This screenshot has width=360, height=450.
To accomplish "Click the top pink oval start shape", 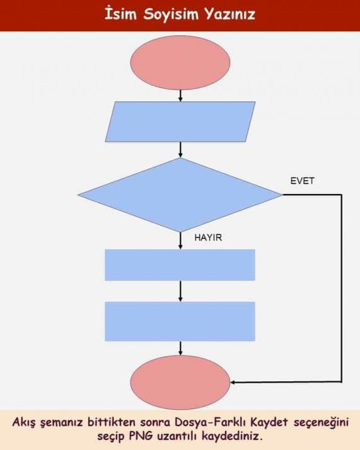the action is tap(180, 62).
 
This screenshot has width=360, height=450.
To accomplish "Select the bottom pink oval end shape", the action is tap(180, 383).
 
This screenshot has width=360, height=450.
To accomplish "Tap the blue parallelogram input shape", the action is tap(180, 122).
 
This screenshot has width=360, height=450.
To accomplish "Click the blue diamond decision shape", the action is tap(180, 195).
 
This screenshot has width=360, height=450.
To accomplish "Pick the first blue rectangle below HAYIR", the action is tap(180, 265).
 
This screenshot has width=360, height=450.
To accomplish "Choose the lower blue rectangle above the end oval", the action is tap(180, 321).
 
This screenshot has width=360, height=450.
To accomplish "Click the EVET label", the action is tap(302, 181).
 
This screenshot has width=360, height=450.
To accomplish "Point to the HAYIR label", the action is tap(208, 238).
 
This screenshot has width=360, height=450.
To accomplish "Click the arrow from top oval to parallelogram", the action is tap(180, 96).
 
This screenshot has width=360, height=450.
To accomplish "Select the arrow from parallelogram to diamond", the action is tap(180, 150).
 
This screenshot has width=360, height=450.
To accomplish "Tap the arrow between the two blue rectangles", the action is tap(180, 291).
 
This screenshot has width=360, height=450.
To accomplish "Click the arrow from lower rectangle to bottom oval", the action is tap(180, 349).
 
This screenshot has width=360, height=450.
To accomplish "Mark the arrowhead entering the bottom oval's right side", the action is tap(233, 383).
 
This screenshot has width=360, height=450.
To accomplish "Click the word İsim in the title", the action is tap(120, 14).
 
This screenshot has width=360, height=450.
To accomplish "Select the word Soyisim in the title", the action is tap(171, 14).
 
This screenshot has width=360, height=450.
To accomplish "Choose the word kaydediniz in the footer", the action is tap(232, 436).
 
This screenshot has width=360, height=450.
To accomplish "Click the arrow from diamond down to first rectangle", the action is tap(180, 241).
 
